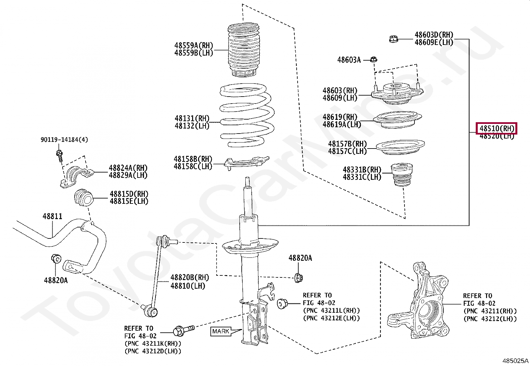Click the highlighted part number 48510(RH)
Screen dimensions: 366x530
click(x=496, y=128)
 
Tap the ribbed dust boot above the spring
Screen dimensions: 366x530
click(x=244, y=50)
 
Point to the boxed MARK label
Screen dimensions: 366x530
click(x=220, y=331)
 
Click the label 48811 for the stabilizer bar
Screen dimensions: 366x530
click(x=52, y=216)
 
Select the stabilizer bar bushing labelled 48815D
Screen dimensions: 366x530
click(x=83, y=198)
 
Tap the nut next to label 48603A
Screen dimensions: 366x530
click(x=374, y=60)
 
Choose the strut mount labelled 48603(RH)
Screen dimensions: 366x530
click(x=396, y=94)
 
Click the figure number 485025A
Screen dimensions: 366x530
click(x=515, y=360)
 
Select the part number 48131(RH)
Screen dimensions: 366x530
click(x=192, y=119)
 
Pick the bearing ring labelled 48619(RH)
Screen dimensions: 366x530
click(x=397, y=120)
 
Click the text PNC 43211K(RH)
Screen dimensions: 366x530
click(x=153, y=344)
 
